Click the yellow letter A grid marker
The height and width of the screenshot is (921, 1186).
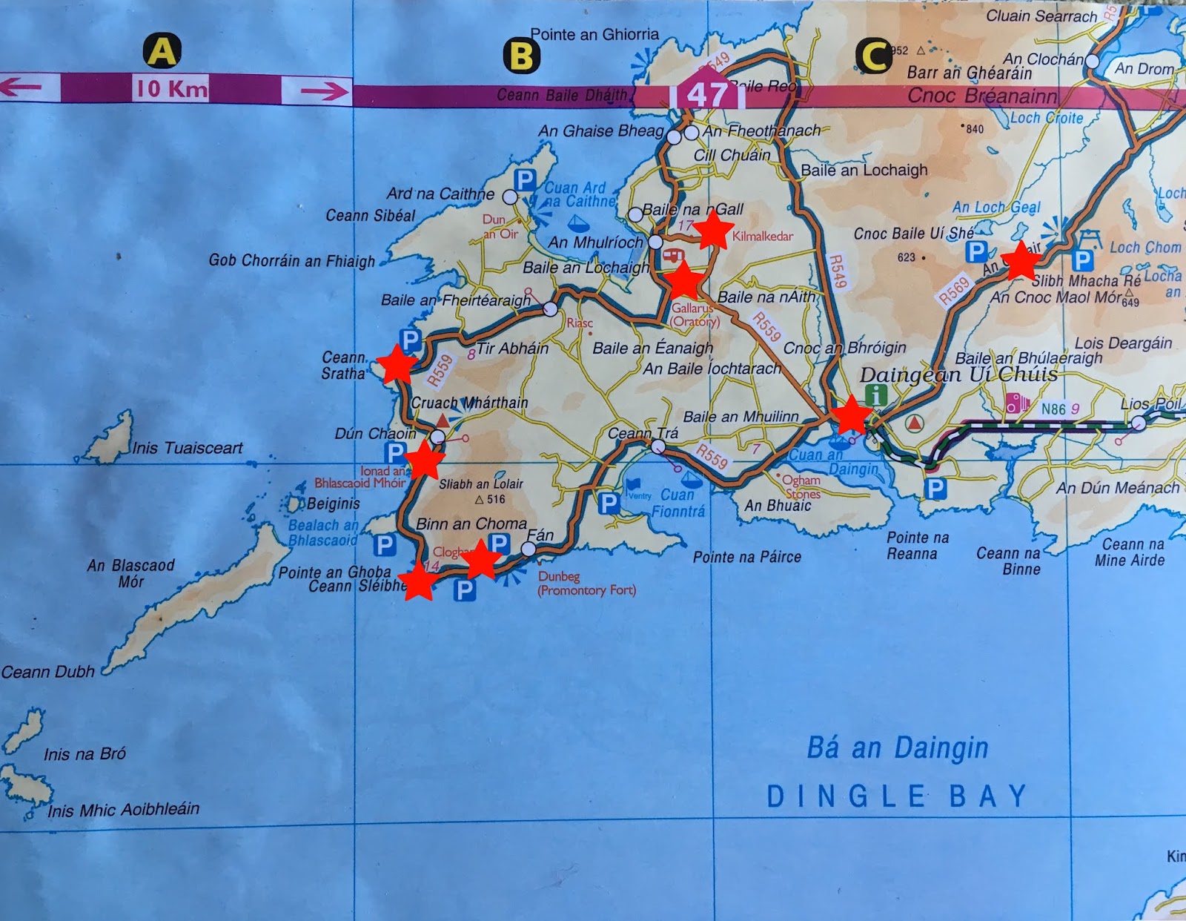click(162, 51)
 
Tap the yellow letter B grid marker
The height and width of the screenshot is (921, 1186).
click(521, 56)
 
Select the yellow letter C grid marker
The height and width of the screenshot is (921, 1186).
click(873, 56)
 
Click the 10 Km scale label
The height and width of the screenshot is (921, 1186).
click(171, 89)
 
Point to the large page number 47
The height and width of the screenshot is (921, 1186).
click(706, 95)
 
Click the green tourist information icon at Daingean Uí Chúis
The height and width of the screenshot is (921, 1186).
click(876, 395)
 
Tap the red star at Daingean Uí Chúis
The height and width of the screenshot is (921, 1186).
click(851, 415)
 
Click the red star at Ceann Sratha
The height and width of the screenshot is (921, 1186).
click(397, 364)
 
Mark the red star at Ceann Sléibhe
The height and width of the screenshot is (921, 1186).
click(419, 581)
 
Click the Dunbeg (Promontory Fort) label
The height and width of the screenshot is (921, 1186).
click(586, 584)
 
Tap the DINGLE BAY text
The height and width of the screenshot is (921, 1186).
click(897, 796)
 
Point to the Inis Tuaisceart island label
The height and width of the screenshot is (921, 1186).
click(187, 448)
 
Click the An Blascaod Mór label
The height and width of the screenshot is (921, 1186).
click(131, 573)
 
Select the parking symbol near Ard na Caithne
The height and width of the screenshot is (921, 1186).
click(524, 179)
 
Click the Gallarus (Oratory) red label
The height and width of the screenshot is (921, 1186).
click(695, 314)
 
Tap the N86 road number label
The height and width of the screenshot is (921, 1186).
click(1053, 409)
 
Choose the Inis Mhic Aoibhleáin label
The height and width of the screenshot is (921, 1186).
click(124, 809)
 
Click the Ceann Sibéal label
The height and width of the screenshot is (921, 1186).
click(370, 216)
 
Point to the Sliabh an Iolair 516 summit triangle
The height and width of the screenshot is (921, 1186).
click(479, 500)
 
